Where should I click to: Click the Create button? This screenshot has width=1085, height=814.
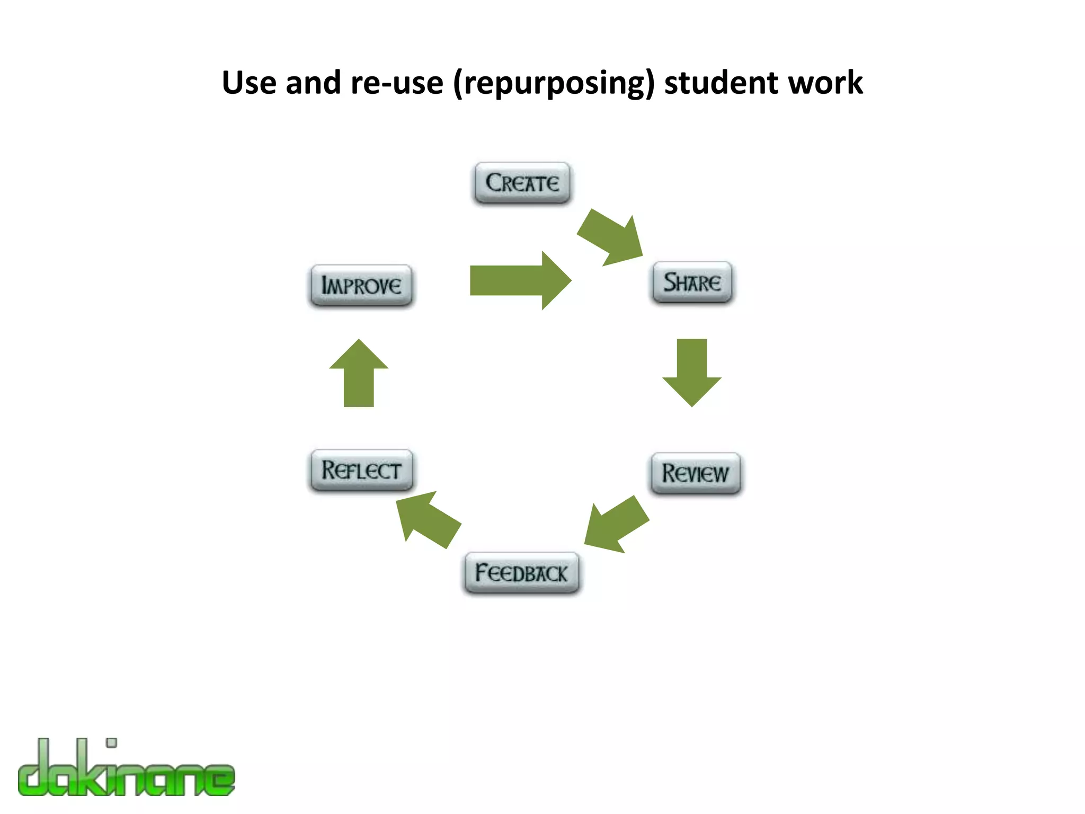pos(522,183)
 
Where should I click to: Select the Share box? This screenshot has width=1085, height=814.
pos(692,282)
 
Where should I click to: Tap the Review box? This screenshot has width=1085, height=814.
pos(695,473)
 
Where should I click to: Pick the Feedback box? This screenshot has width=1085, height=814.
pos(521,573)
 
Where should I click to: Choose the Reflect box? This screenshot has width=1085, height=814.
pos(361,470)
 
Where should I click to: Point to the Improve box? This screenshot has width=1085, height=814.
pos(361,286)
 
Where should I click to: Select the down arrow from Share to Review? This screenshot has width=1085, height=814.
pos(691,372)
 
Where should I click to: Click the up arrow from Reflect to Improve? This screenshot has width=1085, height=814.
pos(359,373)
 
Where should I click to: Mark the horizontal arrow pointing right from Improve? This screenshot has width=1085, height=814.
pos(520,280)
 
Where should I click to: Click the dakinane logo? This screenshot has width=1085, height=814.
pos(126,768)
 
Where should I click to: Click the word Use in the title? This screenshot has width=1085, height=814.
pos(248,83)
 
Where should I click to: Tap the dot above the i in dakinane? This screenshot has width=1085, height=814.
pos(111,742)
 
